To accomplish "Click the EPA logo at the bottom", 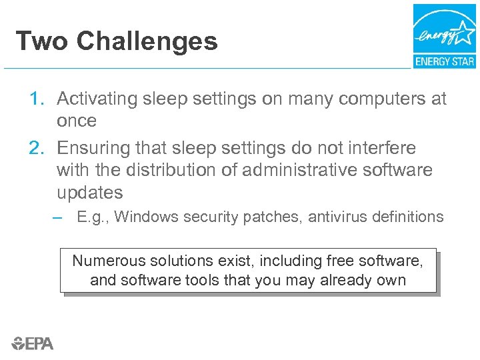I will point(33,343).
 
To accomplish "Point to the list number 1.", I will point(37,99).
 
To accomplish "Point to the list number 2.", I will point(37,147).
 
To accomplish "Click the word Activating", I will point(96,99).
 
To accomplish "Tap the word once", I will point(77,121).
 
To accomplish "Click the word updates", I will point(90,193).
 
